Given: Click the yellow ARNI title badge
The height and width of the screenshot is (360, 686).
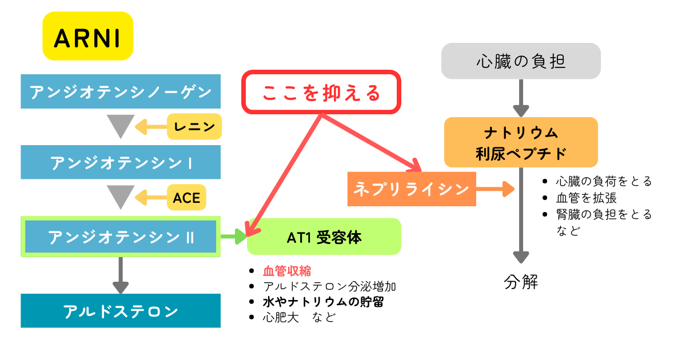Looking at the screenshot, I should pos(87,36).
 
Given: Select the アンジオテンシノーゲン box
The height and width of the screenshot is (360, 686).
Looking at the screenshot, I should pos(121,91).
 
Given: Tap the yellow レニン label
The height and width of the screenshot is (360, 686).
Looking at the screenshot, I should pos(194,126).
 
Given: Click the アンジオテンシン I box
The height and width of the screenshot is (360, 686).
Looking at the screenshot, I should pos(121,162).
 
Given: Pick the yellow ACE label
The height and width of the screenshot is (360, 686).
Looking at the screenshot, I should pos(186,198).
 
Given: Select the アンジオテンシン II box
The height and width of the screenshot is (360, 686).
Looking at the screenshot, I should pos(121,237).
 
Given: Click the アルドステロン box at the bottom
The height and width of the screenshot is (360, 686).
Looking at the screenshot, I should pos(121,311).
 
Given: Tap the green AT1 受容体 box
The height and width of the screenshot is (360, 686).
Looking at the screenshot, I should pos(324,237).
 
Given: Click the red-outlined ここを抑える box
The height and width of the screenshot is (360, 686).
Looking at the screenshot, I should pos(321,92).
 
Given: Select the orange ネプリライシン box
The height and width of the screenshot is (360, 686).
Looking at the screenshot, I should pos(412,189).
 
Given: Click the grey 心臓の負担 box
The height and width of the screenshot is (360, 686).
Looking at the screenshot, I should pos(521,61).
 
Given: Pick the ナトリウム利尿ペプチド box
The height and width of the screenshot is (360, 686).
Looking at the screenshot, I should pos(521,142).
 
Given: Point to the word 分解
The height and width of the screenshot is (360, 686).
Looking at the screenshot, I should pos(521,282).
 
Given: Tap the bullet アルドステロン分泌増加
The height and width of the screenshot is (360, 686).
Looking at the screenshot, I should pos(329,286).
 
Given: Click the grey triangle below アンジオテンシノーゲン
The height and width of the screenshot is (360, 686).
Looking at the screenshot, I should pos(121,125).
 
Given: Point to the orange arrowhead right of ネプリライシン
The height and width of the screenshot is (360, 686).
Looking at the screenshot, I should pos(508,189).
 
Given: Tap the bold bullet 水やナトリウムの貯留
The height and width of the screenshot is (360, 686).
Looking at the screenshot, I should pos(323,302).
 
